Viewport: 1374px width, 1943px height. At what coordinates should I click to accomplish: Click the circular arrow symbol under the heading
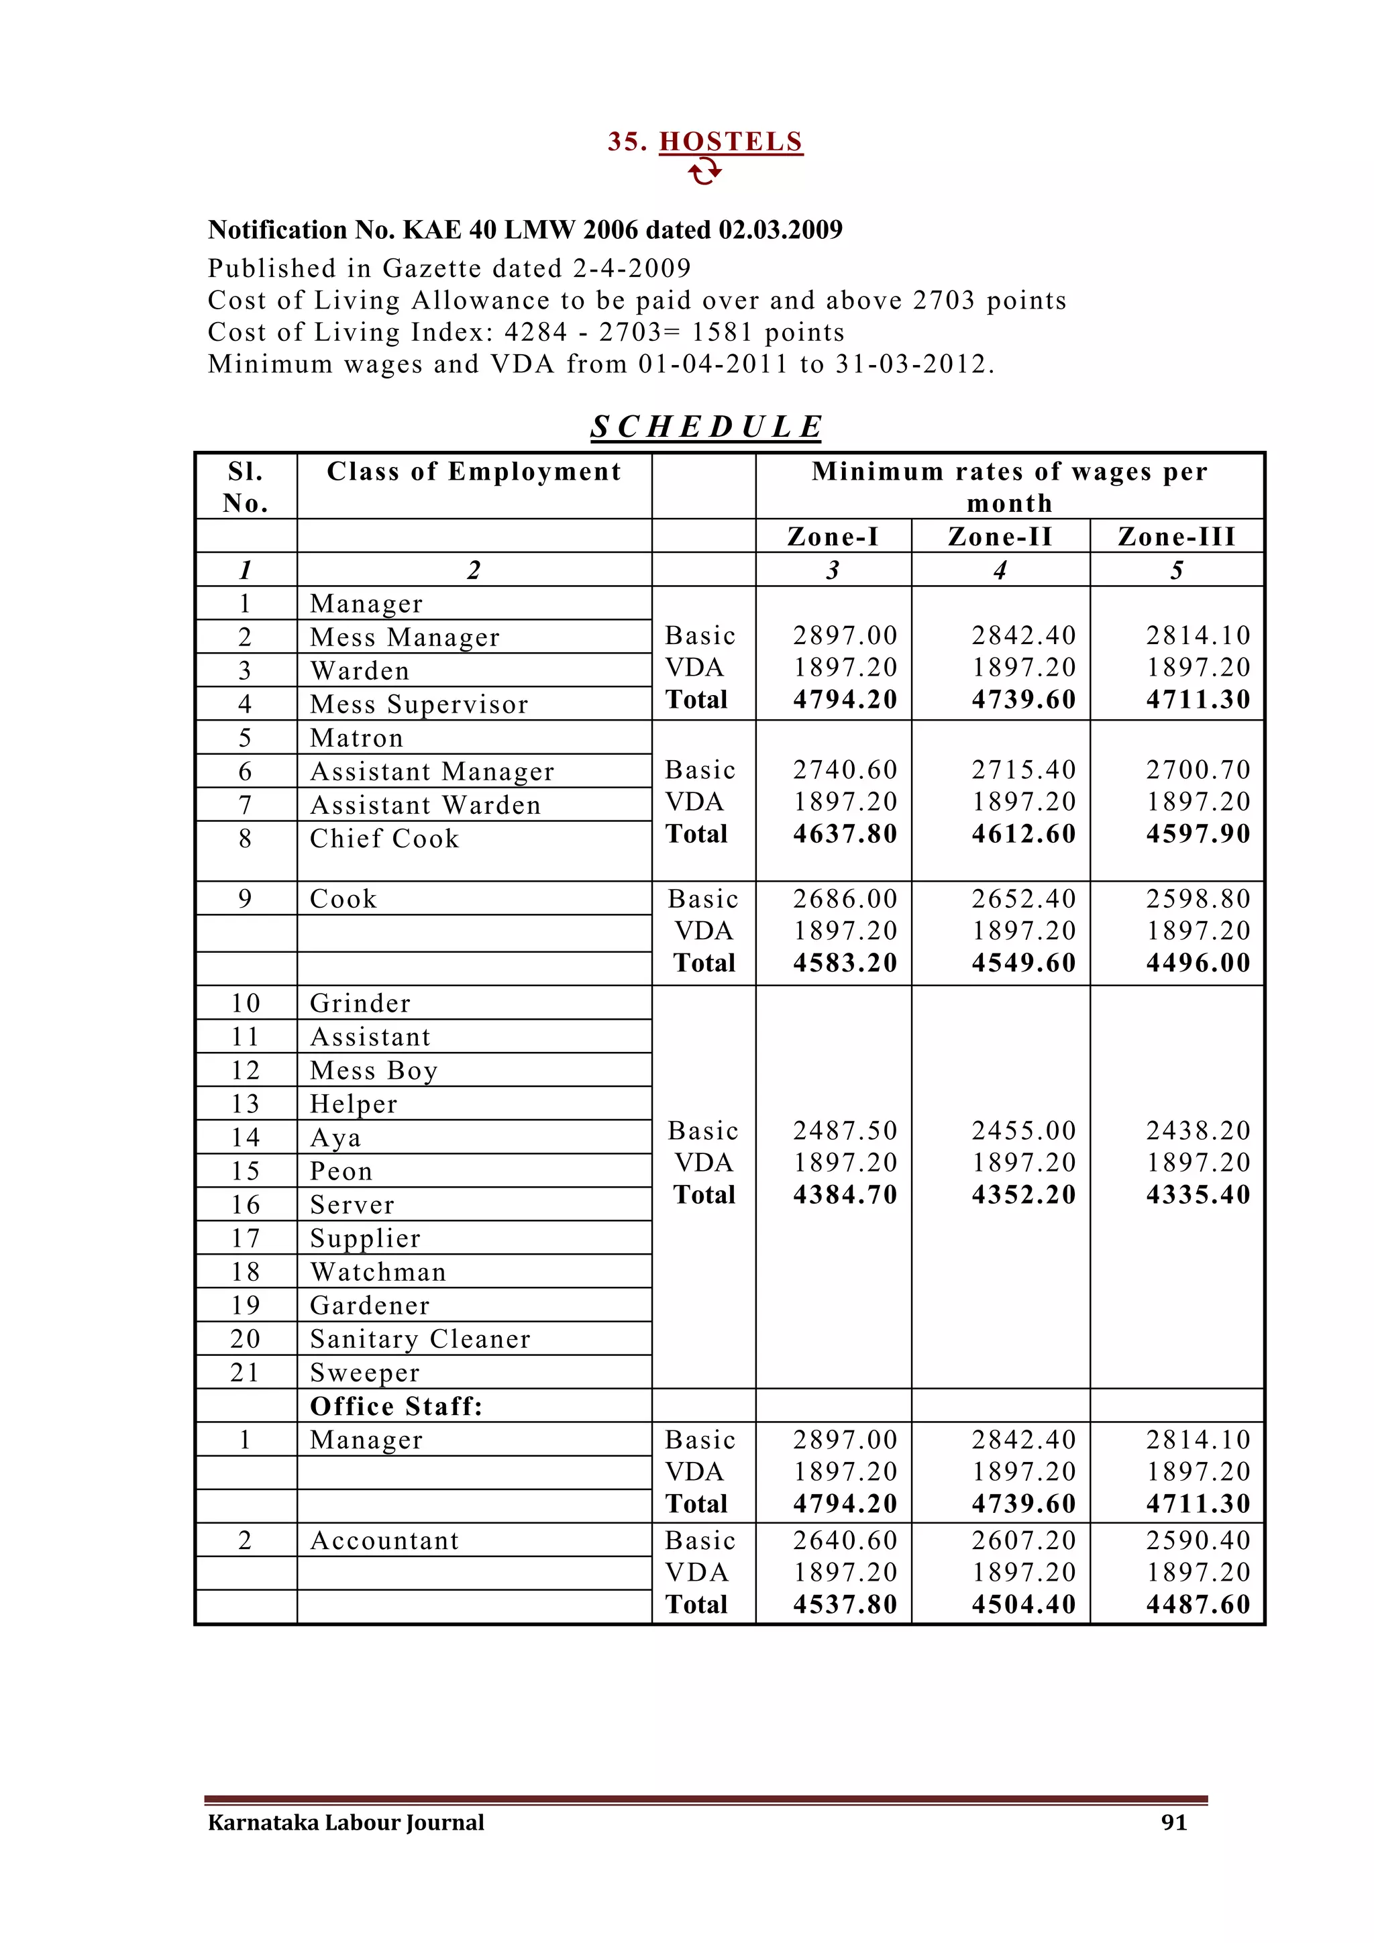(x=704, y=172)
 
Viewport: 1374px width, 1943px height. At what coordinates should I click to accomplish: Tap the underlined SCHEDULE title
(x=706, y=427)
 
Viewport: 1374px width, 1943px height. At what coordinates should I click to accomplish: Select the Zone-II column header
(x=1000, y=537)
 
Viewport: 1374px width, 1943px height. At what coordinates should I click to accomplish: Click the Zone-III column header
(x=1176, y=537)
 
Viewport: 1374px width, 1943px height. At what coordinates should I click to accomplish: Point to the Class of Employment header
(x=474, y=472)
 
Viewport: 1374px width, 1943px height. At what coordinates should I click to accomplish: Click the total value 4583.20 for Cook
(x=845, y=963)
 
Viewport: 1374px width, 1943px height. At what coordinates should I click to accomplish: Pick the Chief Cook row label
(x=384, y=839)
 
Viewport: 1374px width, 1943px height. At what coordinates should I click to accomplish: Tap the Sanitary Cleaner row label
(x=419, y=1338)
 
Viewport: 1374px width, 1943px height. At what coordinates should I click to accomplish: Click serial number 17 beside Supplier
(x=246, y=1238)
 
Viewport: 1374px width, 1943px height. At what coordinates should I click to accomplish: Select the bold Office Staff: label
(x=396, y=1406)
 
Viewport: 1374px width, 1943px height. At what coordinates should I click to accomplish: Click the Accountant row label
(x=384, y=1541)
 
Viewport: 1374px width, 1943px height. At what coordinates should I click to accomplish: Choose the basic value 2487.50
(x=845, y=1131)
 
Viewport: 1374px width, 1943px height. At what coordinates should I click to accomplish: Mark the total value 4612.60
(x=1023, y=833)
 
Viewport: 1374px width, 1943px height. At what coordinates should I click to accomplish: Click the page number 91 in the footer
(x=1173, y=1822)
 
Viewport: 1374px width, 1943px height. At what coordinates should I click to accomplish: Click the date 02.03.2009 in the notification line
(x=780, y=230)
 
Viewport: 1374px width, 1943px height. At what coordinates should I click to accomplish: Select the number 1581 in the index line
(x=721, y=333)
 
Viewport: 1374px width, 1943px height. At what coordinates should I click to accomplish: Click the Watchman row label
(x=377, y=1272)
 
